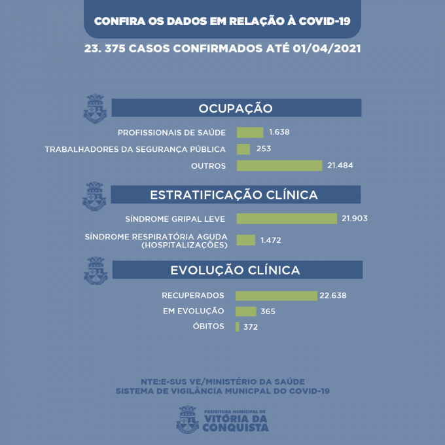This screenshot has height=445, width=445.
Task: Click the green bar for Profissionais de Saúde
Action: coord(250,132)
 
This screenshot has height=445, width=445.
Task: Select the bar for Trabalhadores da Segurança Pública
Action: coord(243,149)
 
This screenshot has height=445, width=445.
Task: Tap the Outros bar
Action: coord(279,166)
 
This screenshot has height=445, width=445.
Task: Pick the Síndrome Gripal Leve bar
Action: coord(287,219)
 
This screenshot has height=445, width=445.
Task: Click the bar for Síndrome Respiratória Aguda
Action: coord(245,240)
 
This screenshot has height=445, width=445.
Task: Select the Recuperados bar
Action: coord(276,296)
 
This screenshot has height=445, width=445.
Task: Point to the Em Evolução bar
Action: coord(246,311)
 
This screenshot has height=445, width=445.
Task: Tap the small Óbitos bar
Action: coord(238,327)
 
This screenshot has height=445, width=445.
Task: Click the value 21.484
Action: coord(340,166)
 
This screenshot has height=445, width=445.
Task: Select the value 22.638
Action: coord(333,296)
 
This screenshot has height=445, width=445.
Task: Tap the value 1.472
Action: coord(271,241)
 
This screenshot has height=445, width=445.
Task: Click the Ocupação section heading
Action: coord(236,108)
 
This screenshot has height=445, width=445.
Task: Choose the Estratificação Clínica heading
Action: coord(234,195)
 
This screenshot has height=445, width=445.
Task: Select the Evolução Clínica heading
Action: coord(236,270)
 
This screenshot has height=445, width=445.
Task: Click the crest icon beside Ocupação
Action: coord(95,109)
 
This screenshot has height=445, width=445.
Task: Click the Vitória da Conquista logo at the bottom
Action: coord(222,419)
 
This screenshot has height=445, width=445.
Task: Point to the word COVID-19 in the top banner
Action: coord(324,20)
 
